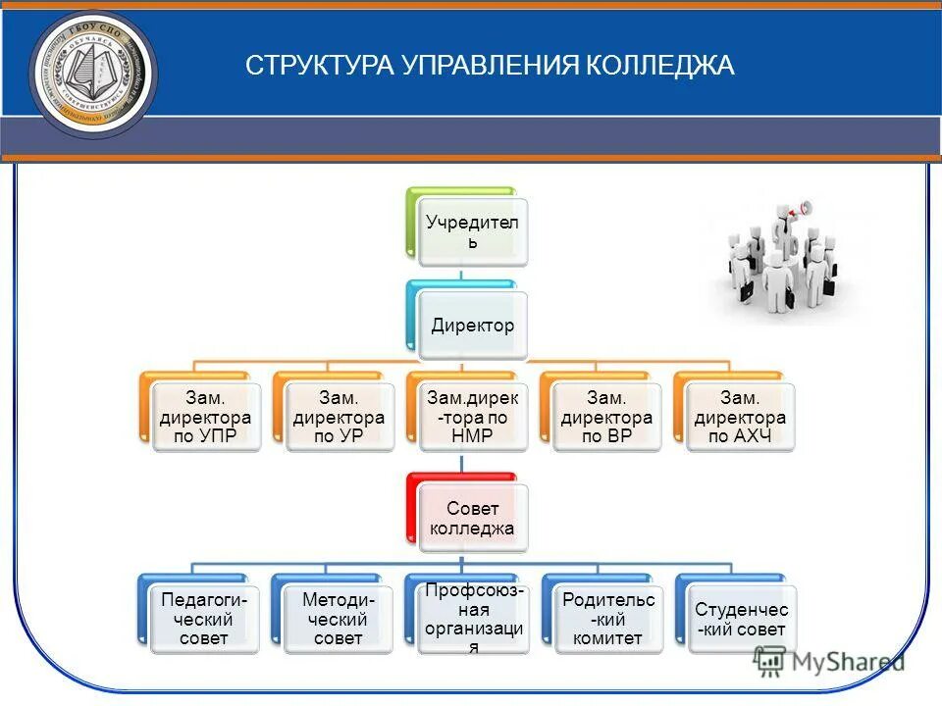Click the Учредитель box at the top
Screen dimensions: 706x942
click(472, 232)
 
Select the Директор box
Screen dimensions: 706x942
click(472, 326)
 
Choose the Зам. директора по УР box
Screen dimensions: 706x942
click(338, 417)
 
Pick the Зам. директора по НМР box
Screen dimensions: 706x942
click(472, 417)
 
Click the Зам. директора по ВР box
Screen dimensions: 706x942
click(605, 417)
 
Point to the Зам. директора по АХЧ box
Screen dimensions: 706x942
click(739, 417)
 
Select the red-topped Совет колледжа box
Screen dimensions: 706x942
click(472, 518)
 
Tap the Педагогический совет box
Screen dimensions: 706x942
click(204, 619)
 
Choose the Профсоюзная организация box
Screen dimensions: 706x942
click(472, 619)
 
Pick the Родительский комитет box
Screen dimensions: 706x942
click(606, 619)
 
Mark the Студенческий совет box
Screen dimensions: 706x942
click(740, 619)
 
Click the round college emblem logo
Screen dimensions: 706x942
click(93, 74)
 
